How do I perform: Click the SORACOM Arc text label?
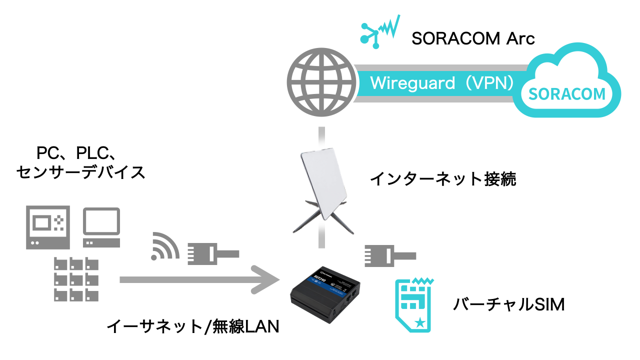tap(473, 38)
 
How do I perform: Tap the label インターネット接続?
tap(442, 179)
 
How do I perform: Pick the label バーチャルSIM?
tap(508, 304)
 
